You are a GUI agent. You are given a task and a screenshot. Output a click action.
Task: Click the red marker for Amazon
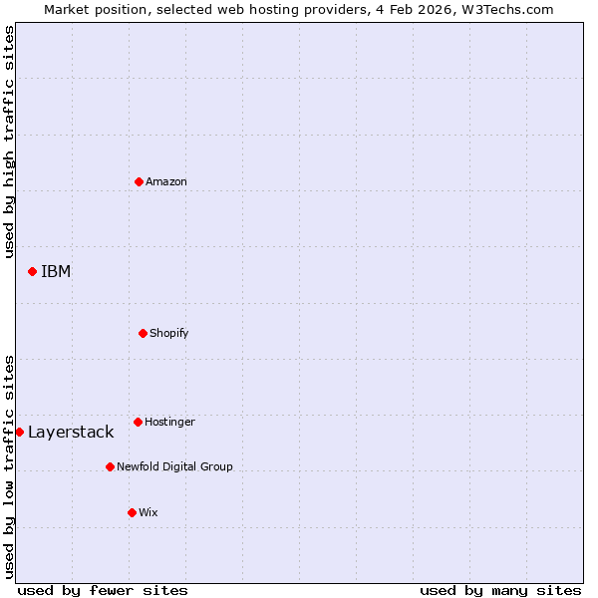coord(139,181)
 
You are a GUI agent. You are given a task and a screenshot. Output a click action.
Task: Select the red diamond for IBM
coord(32,271)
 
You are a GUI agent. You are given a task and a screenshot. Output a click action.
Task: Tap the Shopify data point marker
coord(143,333)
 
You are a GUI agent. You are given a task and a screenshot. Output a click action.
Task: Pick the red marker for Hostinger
coord(138,422)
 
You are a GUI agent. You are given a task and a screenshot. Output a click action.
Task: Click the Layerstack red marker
coord(19,432)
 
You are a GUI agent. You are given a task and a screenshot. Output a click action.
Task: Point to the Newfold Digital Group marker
coord(110,466)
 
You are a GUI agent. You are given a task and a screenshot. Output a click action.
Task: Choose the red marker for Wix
coord(132,512)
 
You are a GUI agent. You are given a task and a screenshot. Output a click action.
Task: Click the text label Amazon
coord(166,181)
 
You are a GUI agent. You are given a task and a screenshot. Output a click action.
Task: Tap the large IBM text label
coord(56,271)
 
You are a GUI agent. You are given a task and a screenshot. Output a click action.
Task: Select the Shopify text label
coord(169,333)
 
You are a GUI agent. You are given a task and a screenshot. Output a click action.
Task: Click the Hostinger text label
coord(169,422)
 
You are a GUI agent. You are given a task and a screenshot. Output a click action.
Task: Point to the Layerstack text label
coord(71,432)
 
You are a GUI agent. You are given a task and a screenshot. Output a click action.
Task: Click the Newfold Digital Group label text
coord(174,466)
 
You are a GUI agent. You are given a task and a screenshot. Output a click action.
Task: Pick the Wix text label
coord(148,512)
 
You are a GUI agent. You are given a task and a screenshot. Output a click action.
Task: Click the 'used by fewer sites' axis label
coord(103,590)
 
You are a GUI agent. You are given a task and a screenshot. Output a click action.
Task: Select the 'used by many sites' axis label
coord(500,590)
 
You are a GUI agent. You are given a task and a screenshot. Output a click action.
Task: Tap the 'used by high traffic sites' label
coord(9,142)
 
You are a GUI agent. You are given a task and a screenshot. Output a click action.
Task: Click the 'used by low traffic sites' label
coord(9,466)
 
